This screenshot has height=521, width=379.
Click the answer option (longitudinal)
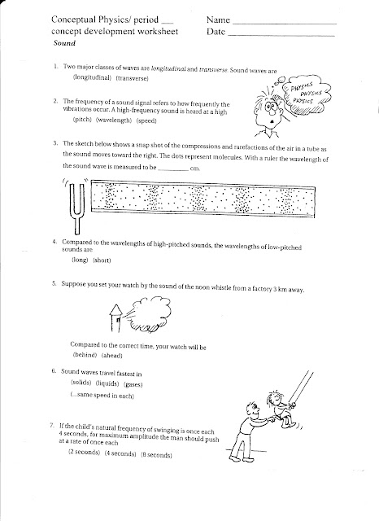[x=92, y=77]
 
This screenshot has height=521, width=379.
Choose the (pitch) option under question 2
[x=82, y=120]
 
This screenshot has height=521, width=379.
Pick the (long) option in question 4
[x=80, y=260]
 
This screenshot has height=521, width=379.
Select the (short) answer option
[x=102, y=260]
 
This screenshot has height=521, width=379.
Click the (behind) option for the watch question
[x=85, y=355]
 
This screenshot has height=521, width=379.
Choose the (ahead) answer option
[x=112, y=355]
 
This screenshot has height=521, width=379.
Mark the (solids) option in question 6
[x=81, y=383]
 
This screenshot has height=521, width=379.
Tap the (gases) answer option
[x=133, y=384]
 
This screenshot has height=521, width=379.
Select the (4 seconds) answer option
[x=120, y=453]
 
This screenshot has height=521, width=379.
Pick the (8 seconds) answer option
[x=156, y=455]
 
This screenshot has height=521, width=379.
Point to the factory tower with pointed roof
[x=115, y=318]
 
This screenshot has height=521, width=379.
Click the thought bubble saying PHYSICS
[x=306, y=93]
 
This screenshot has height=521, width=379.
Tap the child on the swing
[x=281, y=408]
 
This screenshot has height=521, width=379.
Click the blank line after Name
[x=285, y=24]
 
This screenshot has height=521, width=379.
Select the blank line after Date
[x=281, y=35]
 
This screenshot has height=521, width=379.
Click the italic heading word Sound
[x=64, y=43]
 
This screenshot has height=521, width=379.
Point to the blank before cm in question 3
[x=173, y=170]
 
